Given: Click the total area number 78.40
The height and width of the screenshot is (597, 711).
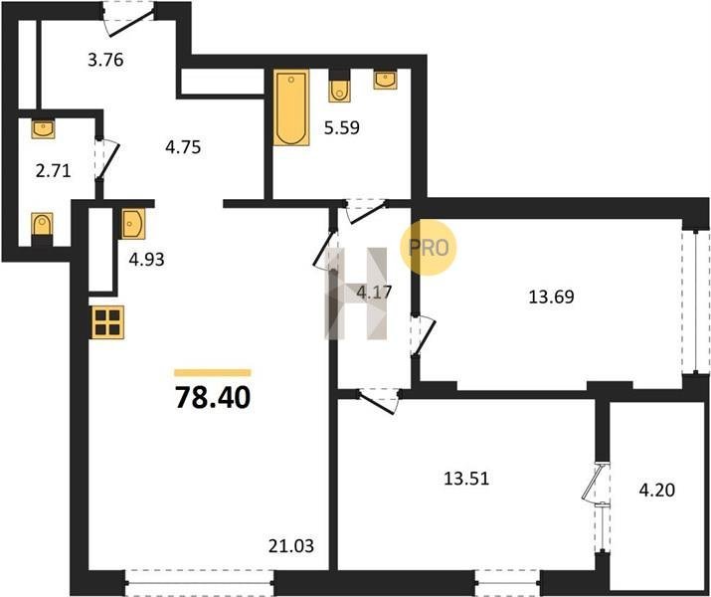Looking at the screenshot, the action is tap(213, 397).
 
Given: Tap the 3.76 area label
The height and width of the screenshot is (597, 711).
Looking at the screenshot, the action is tap(105, 60).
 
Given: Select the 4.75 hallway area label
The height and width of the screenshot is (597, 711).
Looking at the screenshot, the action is tap(183, 147).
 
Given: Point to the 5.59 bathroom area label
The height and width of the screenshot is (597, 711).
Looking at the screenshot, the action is tap(342, 128).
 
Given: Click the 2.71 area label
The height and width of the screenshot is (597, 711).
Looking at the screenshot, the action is tap(53, 171).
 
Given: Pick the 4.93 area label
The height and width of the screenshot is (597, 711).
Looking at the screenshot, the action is tap(146, 260).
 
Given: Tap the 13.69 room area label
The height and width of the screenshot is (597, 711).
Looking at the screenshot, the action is tap(551, 297).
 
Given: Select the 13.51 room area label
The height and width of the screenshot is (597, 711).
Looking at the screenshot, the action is tap(466, 479).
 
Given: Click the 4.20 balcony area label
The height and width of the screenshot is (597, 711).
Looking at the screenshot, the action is tap(657, 490).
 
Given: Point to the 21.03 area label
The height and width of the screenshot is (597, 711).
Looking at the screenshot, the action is tap(291, 545).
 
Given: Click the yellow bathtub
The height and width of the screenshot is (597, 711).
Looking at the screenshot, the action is tap(291, 107).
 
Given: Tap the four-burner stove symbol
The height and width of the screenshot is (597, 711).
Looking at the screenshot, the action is tap(108, 322).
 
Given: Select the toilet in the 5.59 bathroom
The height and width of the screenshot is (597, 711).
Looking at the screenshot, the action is tap(340, 87).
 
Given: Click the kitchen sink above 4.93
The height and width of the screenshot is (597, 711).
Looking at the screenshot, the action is tap(133, 224).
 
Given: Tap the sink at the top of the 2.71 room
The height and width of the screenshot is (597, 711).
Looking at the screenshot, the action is tap(43, 128).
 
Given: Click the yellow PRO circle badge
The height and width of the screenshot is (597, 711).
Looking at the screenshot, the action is tap(428, 248).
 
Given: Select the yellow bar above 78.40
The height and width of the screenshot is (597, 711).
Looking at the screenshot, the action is tap(213, 373).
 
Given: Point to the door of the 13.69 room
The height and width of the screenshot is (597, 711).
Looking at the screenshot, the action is tap(423, 335).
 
